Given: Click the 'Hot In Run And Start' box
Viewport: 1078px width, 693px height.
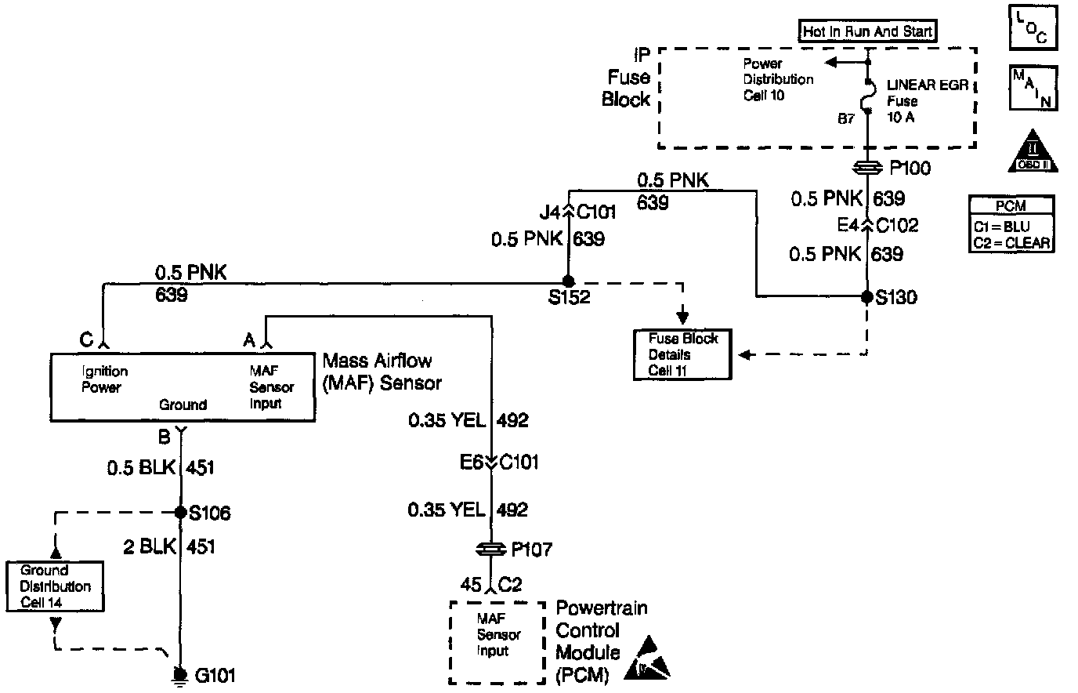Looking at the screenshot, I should pos(867,31).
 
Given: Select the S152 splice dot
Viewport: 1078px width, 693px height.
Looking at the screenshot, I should pos(569,281).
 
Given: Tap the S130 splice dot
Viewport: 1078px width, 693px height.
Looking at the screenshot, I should pos(867,296).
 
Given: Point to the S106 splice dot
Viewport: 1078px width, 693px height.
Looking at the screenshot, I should pos(181,512).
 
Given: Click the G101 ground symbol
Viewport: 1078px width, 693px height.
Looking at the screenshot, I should pos(181,675).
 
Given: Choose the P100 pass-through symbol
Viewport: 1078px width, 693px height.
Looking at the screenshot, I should pos(867,168).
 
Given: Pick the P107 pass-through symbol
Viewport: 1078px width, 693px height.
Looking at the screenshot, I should pos(491,550).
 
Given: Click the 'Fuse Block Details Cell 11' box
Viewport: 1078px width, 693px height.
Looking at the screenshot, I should pos(682,354).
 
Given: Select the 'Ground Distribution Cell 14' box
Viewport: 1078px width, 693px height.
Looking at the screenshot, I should pos(55,586).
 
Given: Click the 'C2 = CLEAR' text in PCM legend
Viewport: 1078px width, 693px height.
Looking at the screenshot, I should pos(1010,242).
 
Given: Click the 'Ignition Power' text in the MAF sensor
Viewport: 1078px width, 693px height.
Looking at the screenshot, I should pos(105,379).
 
